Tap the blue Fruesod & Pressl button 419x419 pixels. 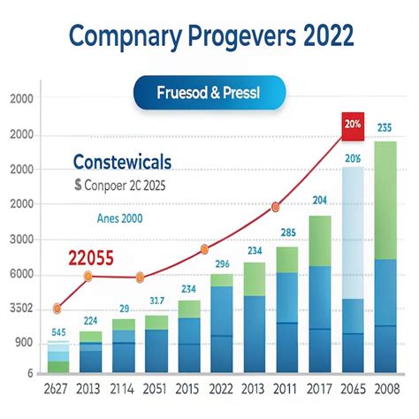coord(209,91)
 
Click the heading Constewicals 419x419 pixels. coord(123,164)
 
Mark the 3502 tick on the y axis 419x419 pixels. coord(19,309)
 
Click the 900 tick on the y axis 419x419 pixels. coord(22,342)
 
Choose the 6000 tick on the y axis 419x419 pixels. coord(19,274)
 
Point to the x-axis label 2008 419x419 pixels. coord(385,390)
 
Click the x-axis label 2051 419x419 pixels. coord(156,390)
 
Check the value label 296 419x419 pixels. coord(223,263)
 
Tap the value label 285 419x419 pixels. coord(287,233)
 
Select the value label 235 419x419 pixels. coord(385,127)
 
